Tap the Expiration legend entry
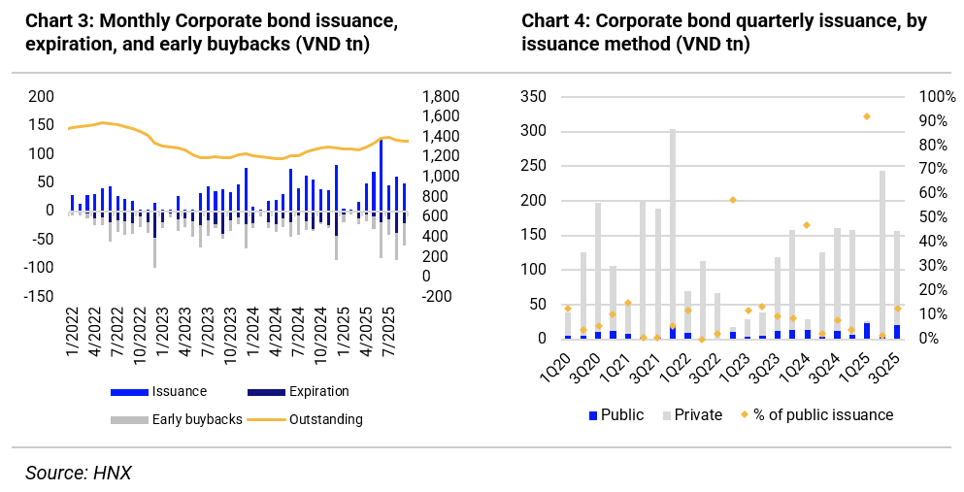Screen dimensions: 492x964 (318, 392)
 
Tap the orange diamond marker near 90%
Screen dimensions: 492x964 (867, 116)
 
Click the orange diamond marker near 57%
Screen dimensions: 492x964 (733, 200)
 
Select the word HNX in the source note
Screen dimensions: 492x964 (113, 473)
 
